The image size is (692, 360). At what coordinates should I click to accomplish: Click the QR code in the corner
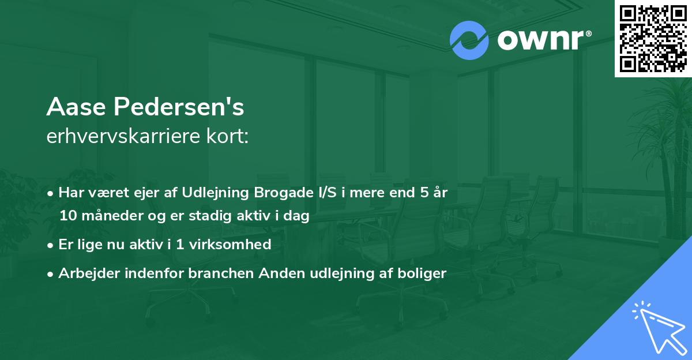[x=653, y=38]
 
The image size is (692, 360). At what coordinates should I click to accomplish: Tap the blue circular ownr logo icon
[x=469, y=40]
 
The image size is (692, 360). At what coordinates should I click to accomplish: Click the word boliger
[x=424, y=273]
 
